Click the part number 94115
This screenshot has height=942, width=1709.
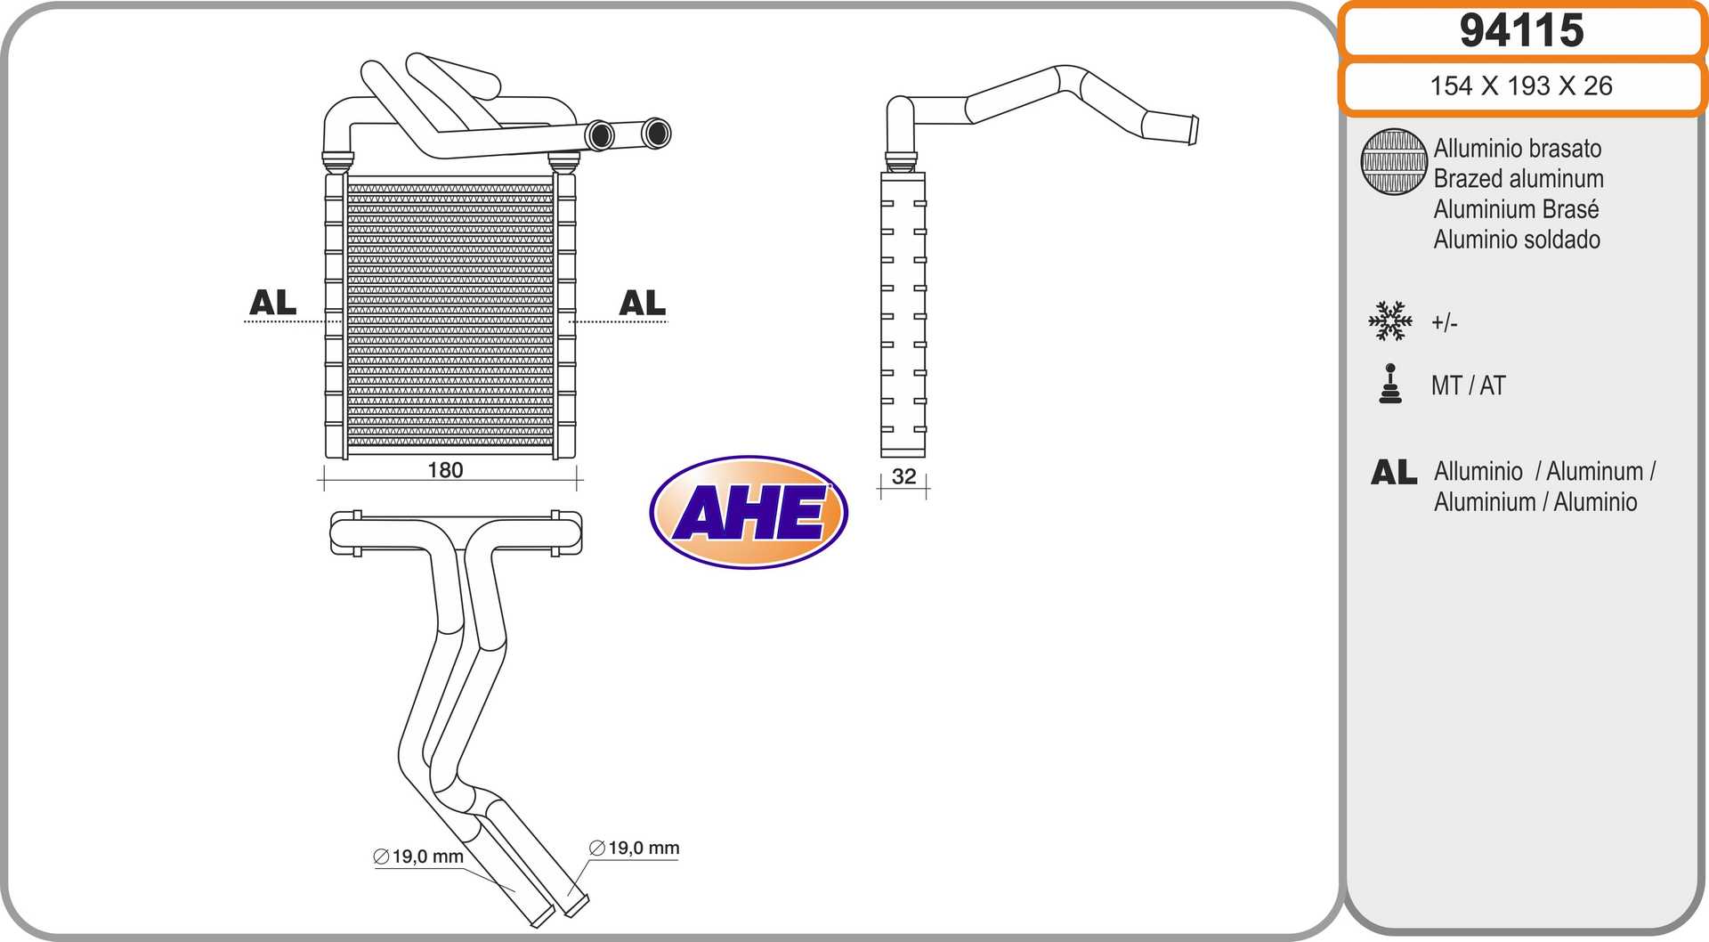1521,31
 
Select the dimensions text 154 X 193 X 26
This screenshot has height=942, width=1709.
1521,86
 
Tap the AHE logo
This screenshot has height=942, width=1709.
749,513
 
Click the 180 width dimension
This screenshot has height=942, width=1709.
445,470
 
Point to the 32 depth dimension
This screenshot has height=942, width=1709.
903,477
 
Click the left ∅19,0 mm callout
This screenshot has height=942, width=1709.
419,857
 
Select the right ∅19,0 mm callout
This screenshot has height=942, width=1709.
635,849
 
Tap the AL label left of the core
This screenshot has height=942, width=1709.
272,303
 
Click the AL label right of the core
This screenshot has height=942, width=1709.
642,303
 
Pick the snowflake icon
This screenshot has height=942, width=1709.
1389,321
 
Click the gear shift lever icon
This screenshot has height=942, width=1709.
1389,385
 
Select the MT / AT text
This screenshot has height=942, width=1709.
1468,386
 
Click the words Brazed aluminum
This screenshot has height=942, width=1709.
1518,179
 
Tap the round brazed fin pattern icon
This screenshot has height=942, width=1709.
1393,162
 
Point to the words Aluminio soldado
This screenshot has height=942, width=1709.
1516,240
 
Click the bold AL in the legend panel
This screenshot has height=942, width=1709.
1393,473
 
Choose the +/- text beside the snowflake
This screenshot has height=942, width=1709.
1444,322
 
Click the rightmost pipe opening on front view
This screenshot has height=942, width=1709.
657,134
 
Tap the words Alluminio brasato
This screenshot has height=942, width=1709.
1517,149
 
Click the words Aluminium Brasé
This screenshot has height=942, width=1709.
1516,209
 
